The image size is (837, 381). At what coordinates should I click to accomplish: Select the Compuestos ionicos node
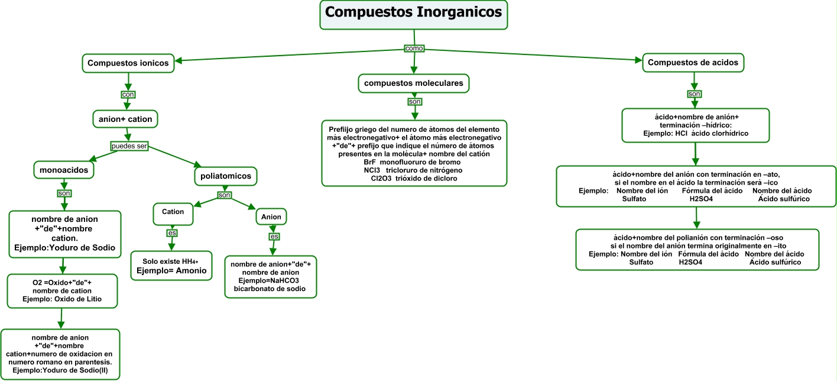point(128,63)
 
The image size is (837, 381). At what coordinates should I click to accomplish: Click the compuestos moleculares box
point(413,84)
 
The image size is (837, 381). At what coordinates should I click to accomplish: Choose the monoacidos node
point(64,170)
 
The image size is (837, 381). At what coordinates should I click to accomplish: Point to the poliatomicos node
point(225,176)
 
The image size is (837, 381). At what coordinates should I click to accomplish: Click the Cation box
point(173,212)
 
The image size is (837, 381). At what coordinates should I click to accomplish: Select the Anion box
point(272,218)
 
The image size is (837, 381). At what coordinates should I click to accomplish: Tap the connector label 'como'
point(414,48)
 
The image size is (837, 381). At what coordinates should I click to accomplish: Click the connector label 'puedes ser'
point(129,146)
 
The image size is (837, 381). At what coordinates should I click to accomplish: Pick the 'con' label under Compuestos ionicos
point(128,94)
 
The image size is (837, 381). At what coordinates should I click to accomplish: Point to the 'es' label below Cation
point(172,233)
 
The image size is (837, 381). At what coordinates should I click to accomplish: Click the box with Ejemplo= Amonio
point(171,266)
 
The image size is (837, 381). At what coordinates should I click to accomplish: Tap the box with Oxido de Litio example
point(62,290)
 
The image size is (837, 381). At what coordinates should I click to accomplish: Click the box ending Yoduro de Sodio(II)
point(60,354)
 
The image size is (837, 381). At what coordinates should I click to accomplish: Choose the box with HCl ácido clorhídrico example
point(695,125)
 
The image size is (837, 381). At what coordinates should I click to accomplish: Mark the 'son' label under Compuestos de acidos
point(695,94)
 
